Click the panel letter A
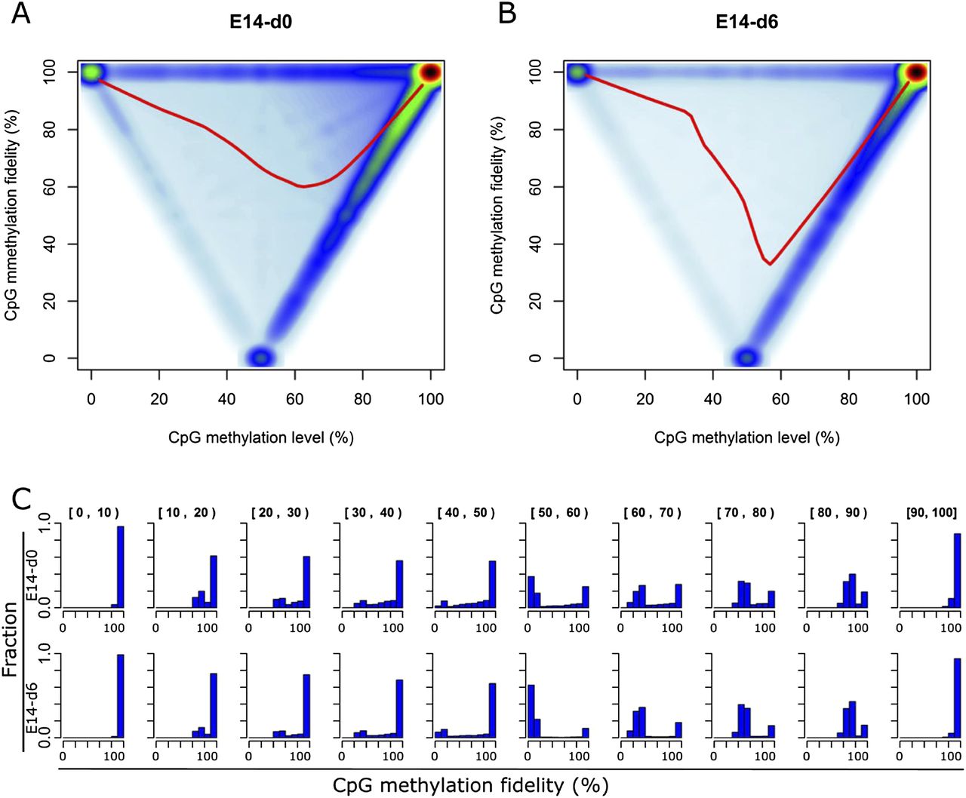pos(21,13)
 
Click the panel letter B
pos(507,13)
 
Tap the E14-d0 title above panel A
pos(260,22)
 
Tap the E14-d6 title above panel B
pos(746,22)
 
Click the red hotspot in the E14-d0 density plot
pos(430,72)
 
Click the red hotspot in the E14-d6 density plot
pos(916,72)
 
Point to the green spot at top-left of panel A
pos(91,72)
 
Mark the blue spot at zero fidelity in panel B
pos(746,358)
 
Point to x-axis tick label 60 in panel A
pos(295,399)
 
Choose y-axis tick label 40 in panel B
pos(536,244)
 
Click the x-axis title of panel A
pos(260,437)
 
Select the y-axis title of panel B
pos(497,215)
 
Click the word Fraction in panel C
pos(11,640)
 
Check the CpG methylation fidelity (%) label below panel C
pos(470,785)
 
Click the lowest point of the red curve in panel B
pos(770,264)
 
